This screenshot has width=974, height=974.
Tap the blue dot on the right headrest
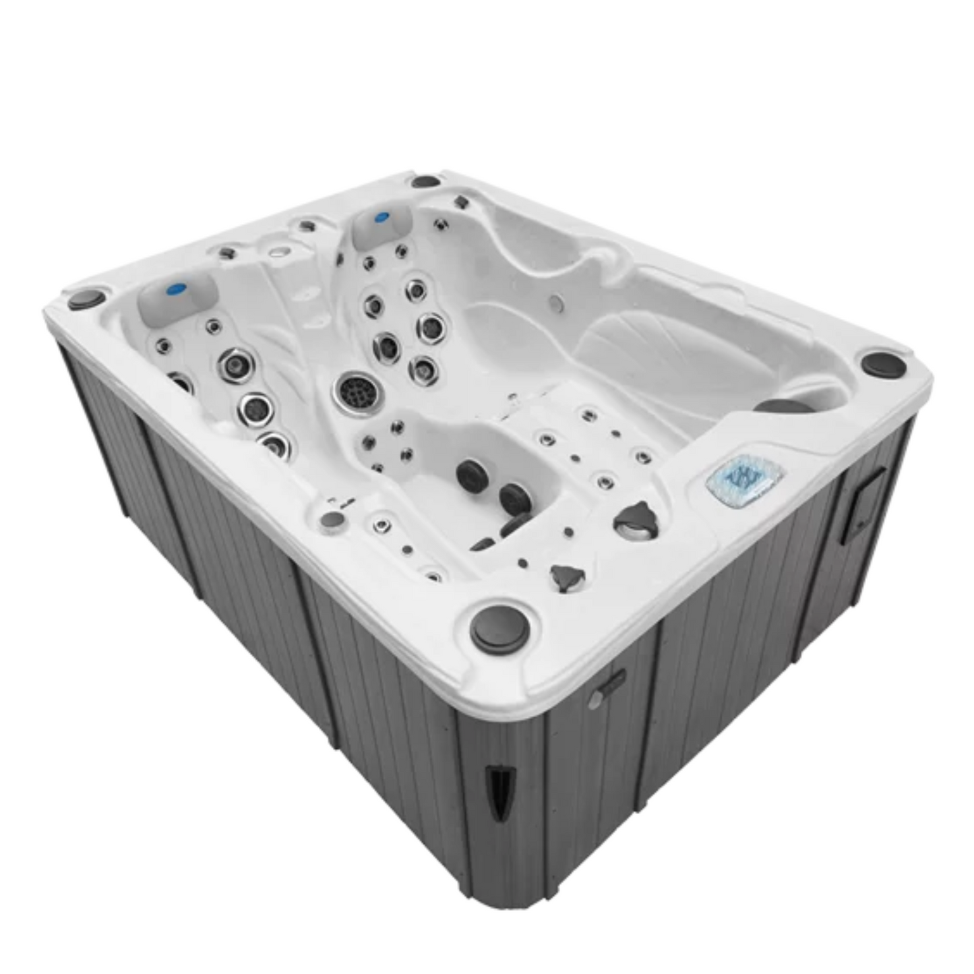[x=382, y=218]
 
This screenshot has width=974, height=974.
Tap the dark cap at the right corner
[x=884, y=364]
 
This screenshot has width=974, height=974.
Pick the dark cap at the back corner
[x=425, y=181]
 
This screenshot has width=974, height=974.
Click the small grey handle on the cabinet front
[x=606, y=690]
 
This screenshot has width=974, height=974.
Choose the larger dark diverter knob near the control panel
[x=633, y=520]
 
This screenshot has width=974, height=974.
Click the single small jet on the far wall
[x=557, y=300]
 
